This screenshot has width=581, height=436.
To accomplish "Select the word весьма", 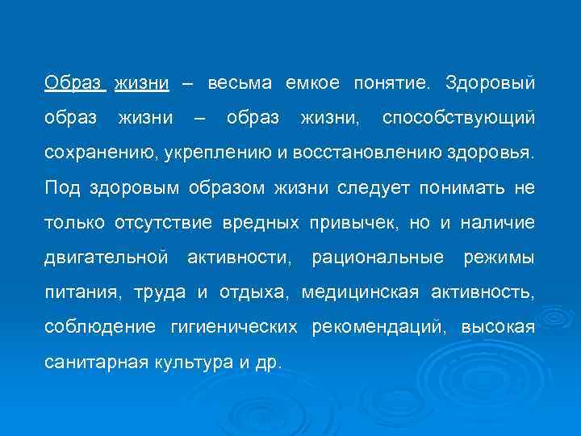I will tap(240, 83).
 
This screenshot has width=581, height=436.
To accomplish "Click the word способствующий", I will tap(458, 119).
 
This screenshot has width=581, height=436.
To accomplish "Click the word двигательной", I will tap(107, 258).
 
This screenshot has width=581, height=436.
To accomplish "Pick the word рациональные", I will tap(378, 258).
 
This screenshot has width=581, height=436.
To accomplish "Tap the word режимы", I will tap(498, 258).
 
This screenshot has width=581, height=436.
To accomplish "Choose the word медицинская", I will tap(360, 293).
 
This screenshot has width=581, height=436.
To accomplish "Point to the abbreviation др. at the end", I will tap(267, 363).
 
